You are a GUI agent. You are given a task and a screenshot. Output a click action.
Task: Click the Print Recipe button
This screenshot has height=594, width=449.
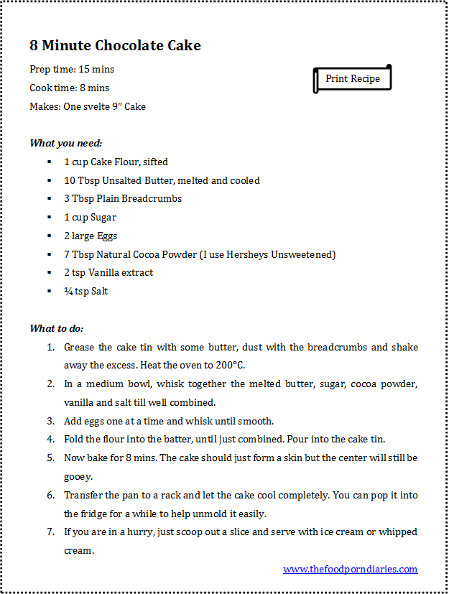pyautogui.click(x=352, y=78)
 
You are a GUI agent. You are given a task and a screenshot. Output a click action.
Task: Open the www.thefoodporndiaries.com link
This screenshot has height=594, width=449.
pyautogui.click(x=350, y=569)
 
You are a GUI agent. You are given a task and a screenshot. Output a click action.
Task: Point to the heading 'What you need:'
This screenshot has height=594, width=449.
pyautogui.click(x=65, y=143)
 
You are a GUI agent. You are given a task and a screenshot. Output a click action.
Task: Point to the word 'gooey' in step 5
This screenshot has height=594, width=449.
pyautogui.click(x=78, y=476)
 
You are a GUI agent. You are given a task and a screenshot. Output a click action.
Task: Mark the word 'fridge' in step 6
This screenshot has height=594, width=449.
pyautogui.click(x=93, y=514)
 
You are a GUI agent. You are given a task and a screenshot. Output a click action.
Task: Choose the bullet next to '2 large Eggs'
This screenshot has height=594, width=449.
pyautogui.click(x=49, y=236)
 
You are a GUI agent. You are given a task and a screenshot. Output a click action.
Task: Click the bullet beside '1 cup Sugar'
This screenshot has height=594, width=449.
pyautogui.click(x=49, y=217)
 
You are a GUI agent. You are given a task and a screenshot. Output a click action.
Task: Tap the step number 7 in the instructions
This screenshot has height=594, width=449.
pyautogui.click(x=51, y=532)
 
